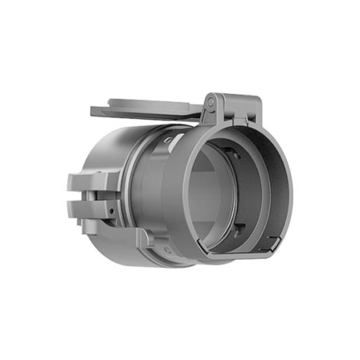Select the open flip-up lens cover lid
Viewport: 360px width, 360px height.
point(148,110)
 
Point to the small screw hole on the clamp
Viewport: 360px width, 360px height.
point(111,209)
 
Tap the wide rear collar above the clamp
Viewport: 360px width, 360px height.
point(105,158)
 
